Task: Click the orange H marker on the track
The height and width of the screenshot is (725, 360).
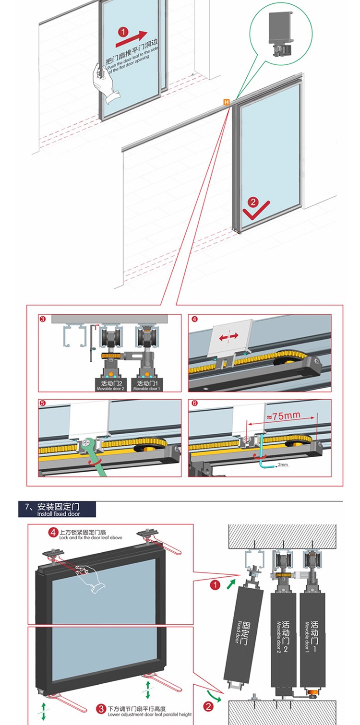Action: point(227,102)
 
